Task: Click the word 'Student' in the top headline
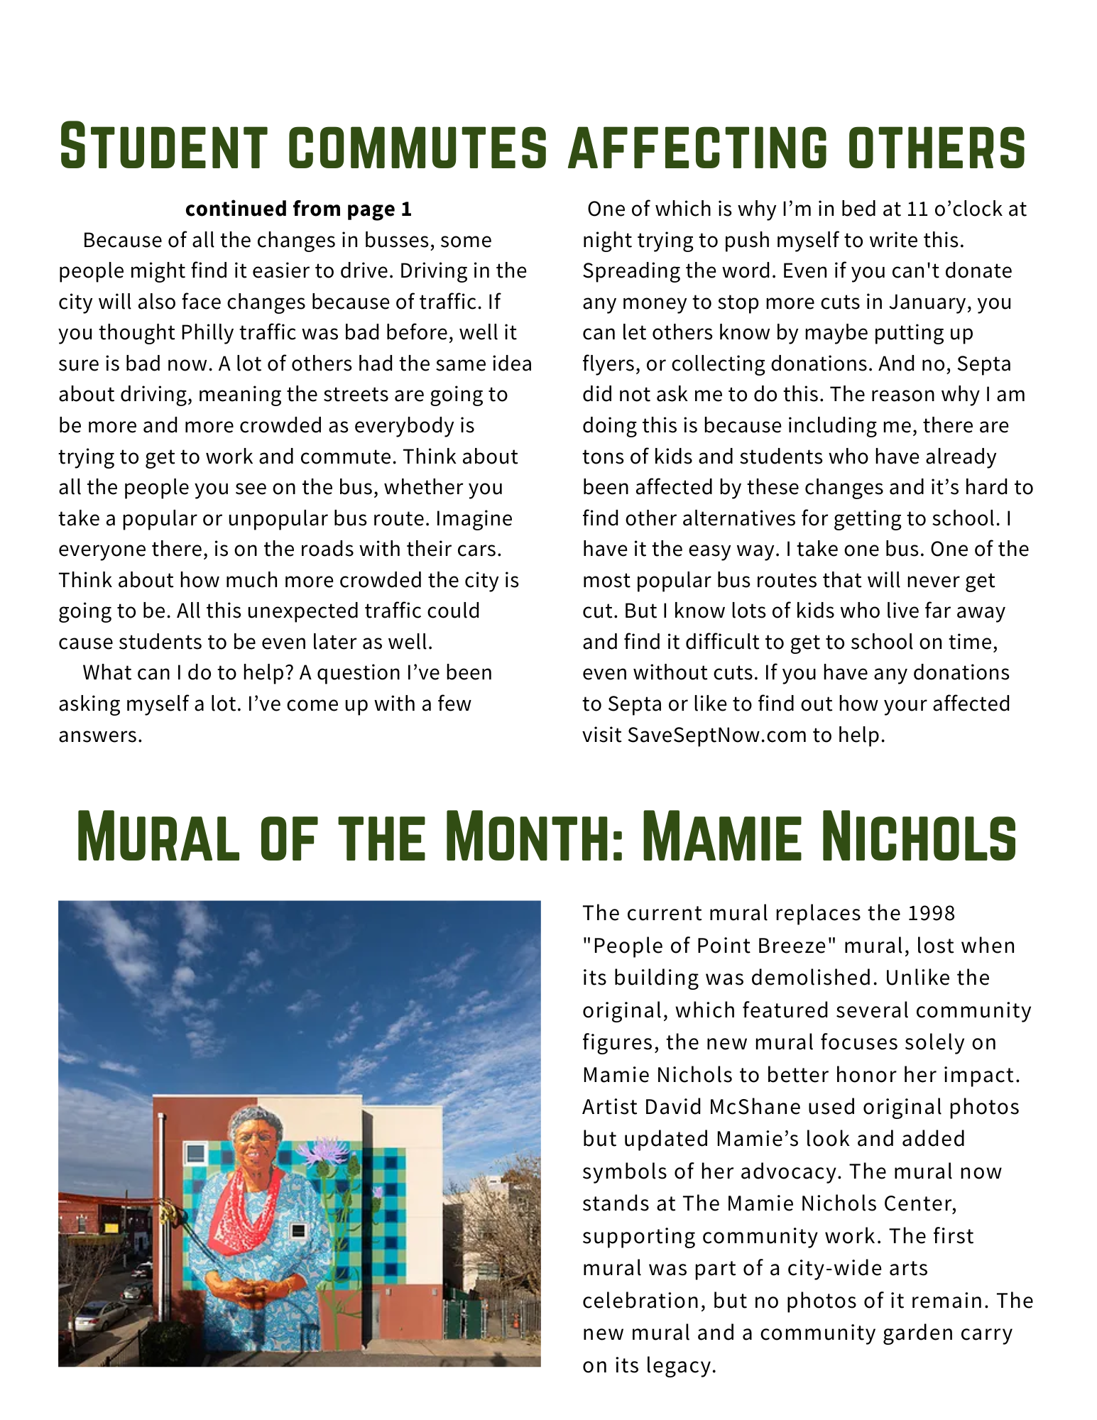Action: click(163, 147)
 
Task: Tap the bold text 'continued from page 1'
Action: click(298, 209)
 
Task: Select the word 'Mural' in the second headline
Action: click(158, 838)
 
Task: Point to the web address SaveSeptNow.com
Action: click(716, 734)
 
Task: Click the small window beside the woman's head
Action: click(195, 1152)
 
